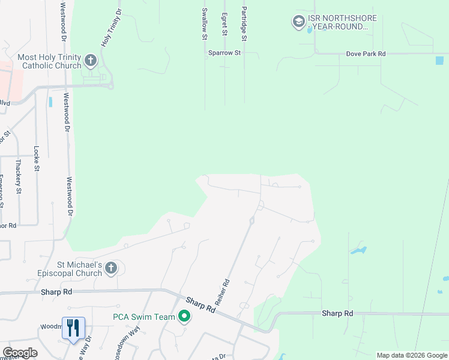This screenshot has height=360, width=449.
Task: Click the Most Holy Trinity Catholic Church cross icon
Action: [x=91, y=59]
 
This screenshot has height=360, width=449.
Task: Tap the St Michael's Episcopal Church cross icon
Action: [x=110, y=268]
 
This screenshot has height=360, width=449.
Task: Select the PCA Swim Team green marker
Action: [x=184, y=317]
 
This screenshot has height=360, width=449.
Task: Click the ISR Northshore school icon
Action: [x=298, y=22]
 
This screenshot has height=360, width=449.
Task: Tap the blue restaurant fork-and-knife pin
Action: [x=73, y=328]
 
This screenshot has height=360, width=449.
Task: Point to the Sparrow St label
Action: [x=224, y=53]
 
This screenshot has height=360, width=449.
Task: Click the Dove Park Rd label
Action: [x=366, y=54]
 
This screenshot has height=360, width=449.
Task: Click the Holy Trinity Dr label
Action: [x=110, y=28]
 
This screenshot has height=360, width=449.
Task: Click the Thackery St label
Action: [x=18, y=176]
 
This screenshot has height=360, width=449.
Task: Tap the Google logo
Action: [x=20, y=353]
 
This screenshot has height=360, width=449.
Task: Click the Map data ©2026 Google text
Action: [x=411, y=355]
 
